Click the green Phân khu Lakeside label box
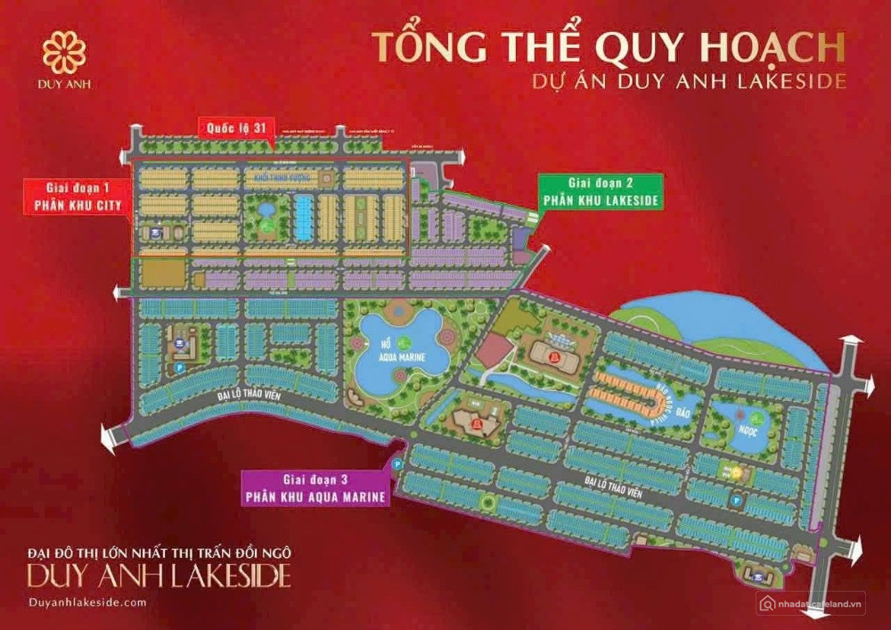(x=601, y=193)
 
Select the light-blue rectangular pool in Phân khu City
(x=304, y=217)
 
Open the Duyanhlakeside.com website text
(x=86, y=603)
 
